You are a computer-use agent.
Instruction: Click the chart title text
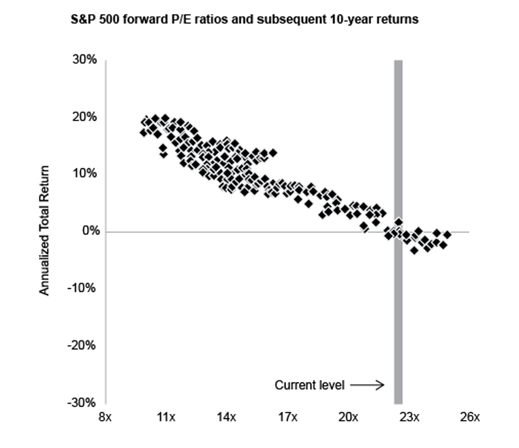(245, 20)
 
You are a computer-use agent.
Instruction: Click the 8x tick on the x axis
(105, 417)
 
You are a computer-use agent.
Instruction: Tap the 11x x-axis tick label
(166, 417)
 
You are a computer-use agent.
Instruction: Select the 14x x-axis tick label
(226, 417)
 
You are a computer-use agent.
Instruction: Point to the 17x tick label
(287, 417)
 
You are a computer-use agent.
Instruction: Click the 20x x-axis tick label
(348, 417)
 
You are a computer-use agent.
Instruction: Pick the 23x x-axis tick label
(409, 417)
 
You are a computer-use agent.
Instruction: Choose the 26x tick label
(470, 417)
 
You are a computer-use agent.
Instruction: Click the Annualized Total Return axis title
(45, 231)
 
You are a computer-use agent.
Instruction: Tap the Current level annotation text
(310, 385)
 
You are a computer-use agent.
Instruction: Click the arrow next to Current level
(368, 385)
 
